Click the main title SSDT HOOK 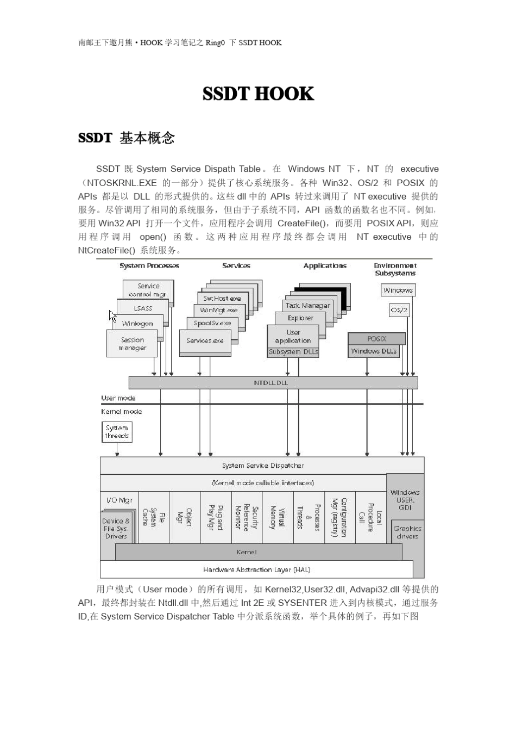pos(258,94)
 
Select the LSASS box pos(143,308)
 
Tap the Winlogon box pos(137,324)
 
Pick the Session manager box pos(132,344)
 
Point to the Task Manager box pos(307,306)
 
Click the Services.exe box pos(205,340)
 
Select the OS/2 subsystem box pos(399,310)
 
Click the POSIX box pos(376,338)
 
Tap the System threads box pos(117,432)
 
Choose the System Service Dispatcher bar pos(263,466)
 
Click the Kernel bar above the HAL pos(247,552)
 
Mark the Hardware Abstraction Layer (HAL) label pos(256,569)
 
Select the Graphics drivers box pos(407,532)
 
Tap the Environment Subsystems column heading pos(395,269)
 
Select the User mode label pos(118,398)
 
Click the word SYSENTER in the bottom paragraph pos(302,603)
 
